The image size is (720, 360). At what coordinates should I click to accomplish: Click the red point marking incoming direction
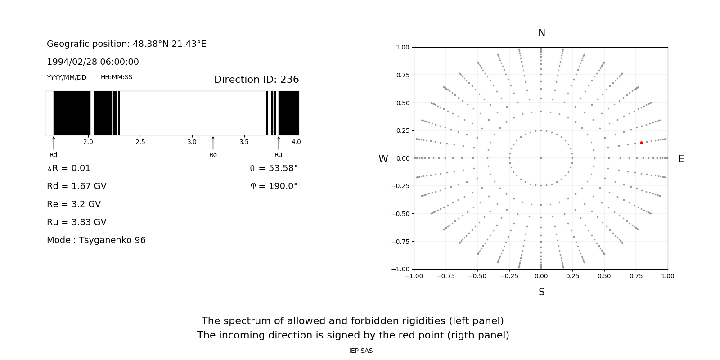[641, 143]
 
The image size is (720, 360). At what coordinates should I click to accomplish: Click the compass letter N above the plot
[541, 33]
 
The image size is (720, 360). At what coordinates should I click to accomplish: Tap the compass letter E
[681, 159]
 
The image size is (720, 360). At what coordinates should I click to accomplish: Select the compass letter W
[383, 159]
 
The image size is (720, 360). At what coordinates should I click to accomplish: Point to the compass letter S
[541, 292]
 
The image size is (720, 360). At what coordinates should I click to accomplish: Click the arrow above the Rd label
[54, 143]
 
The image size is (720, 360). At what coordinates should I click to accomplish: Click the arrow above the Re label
[213, 143]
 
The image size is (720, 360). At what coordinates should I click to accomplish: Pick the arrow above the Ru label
[279, 143]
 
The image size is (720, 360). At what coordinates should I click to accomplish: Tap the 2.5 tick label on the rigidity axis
[140, 142]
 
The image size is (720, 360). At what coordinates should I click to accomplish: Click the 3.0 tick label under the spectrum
[192, 142]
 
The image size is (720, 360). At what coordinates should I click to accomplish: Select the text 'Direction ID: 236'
[256, 80]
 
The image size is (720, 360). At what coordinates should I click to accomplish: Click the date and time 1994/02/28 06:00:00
[93, 62]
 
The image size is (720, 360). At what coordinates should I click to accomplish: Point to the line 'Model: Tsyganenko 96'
[96, 240]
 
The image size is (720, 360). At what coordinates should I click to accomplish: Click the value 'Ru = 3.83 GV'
[76, 222]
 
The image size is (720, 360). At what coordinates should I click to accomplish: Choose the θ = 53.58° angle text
[274, 168]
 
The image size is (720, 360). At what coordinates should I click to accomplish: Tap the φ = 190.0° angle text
[274, 186]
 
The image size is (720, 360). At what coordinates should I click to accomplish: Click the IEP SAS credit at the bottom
[360, 351]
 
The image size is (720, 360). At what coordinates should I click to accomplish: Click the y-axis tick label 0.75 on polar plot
[402, 75]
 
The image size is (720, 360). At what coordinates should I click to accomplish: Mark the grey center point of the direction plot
[541, 158]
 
